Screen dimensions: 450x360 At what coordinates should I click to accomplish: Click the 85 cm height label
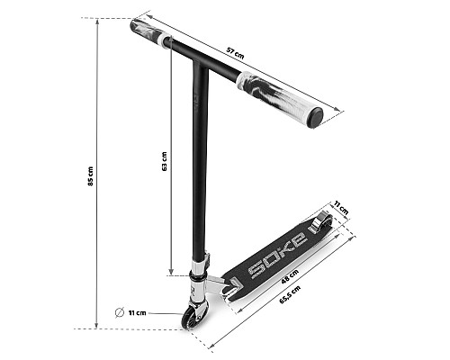[91, 176]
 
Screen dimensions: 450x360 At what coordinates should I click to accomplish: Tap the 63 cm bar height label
[164, 161]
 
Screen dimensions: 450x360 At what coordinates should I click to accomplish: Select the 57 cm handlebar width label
[235, 53]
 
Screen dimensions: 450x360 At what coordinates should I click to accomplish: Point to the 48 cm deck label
[290, 276]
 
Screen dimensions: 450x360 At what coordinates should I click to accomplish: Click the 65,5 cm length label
[290, 294]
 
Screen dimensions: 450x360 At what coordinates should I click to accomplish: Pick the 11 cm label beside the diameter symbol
[138, 313]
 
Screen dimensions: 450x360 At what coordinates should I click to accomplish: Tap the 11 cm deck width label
[341, 208]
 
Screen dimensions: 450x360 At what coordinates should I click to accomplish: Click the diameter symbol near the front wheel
[120, 312]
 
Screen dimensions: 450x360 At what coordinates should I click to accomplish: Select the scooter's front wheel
[189, 318]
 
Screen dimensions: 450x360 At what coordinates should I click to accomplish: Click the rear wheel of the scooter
[321, 222]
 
